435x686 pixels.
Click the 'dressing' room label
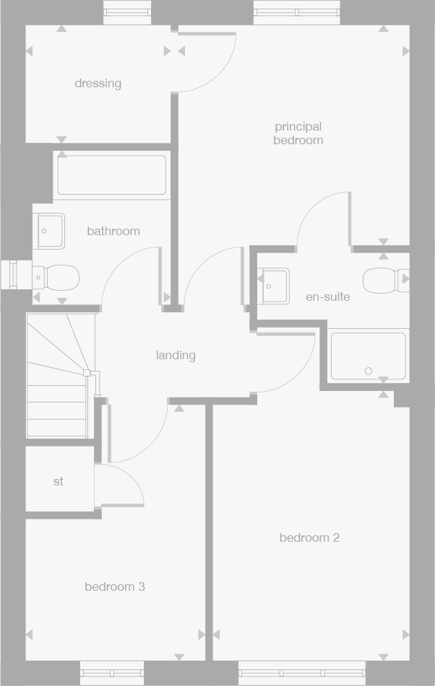click(x=98, y=84)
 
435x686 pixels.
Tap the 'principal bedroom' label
click(x=298, y=133)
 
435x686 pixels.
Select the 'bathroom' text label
click(x=113, y=232)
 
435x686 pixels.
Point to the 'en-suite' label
click(x=327, y=296)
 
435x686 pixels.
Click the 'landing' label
click(x=176, y=356)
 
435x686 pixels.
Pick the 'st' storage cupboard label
click(x=59, y=481)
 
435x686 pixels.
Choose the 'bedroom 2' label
click(x=309, y=538)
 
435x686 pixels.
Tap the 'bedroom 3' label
click(x=115, y=587)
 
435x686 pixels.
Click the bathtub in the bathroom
click(x=112, y=175)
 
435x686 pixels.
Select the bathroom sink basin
click(x=48, y=231)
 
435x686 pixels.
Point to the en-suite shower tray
click(x=368, y=356)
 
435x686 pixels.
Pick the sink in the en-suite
click(x=274, y=285)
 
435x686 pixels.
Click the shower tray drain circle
click(x=369, y=371)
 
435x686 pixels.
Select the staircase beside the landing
click(x=61, y=375)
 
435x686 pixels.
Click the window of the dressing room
click(x=127, y=12)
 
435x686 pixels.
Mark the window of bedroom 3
click(x=112, y=673)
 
